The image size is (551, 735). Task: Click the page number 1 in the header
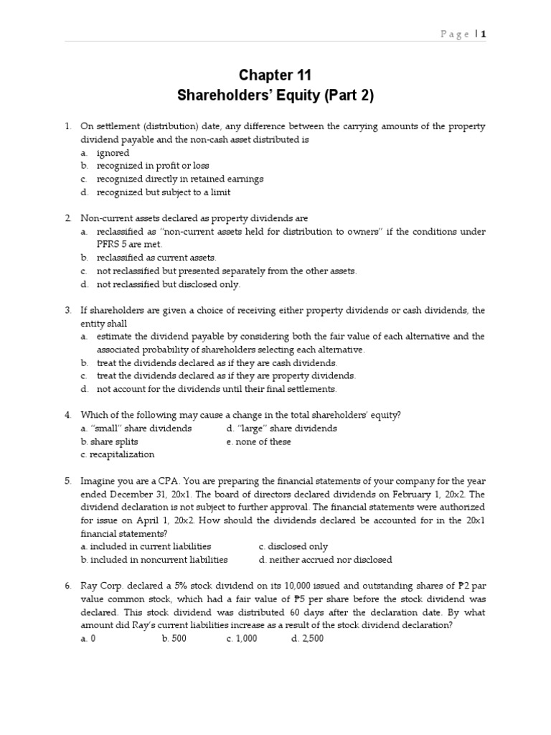click(484, 34)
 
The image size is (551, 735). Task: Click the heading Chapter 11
click(275, 75)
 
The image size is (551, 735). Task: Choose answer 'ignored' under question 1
click(113, 153)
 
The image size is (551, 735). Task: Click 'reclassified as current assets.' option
click(156, 257)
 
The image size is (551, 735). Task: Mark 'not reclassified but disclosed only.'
click(169, 284)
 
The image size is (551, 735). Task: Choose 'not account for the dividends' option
click(216, 389)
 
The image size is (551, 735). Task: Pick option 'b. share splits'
click(110, 441)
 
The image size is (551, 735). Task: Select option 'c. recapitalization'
click(118, 454)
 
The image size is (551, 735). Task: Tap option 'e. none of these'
click(258, 441)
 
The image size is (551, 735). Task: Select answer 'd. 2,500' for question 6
click(307, 638)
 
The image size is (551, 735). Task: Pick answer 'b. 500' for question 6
click(174, 638)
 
